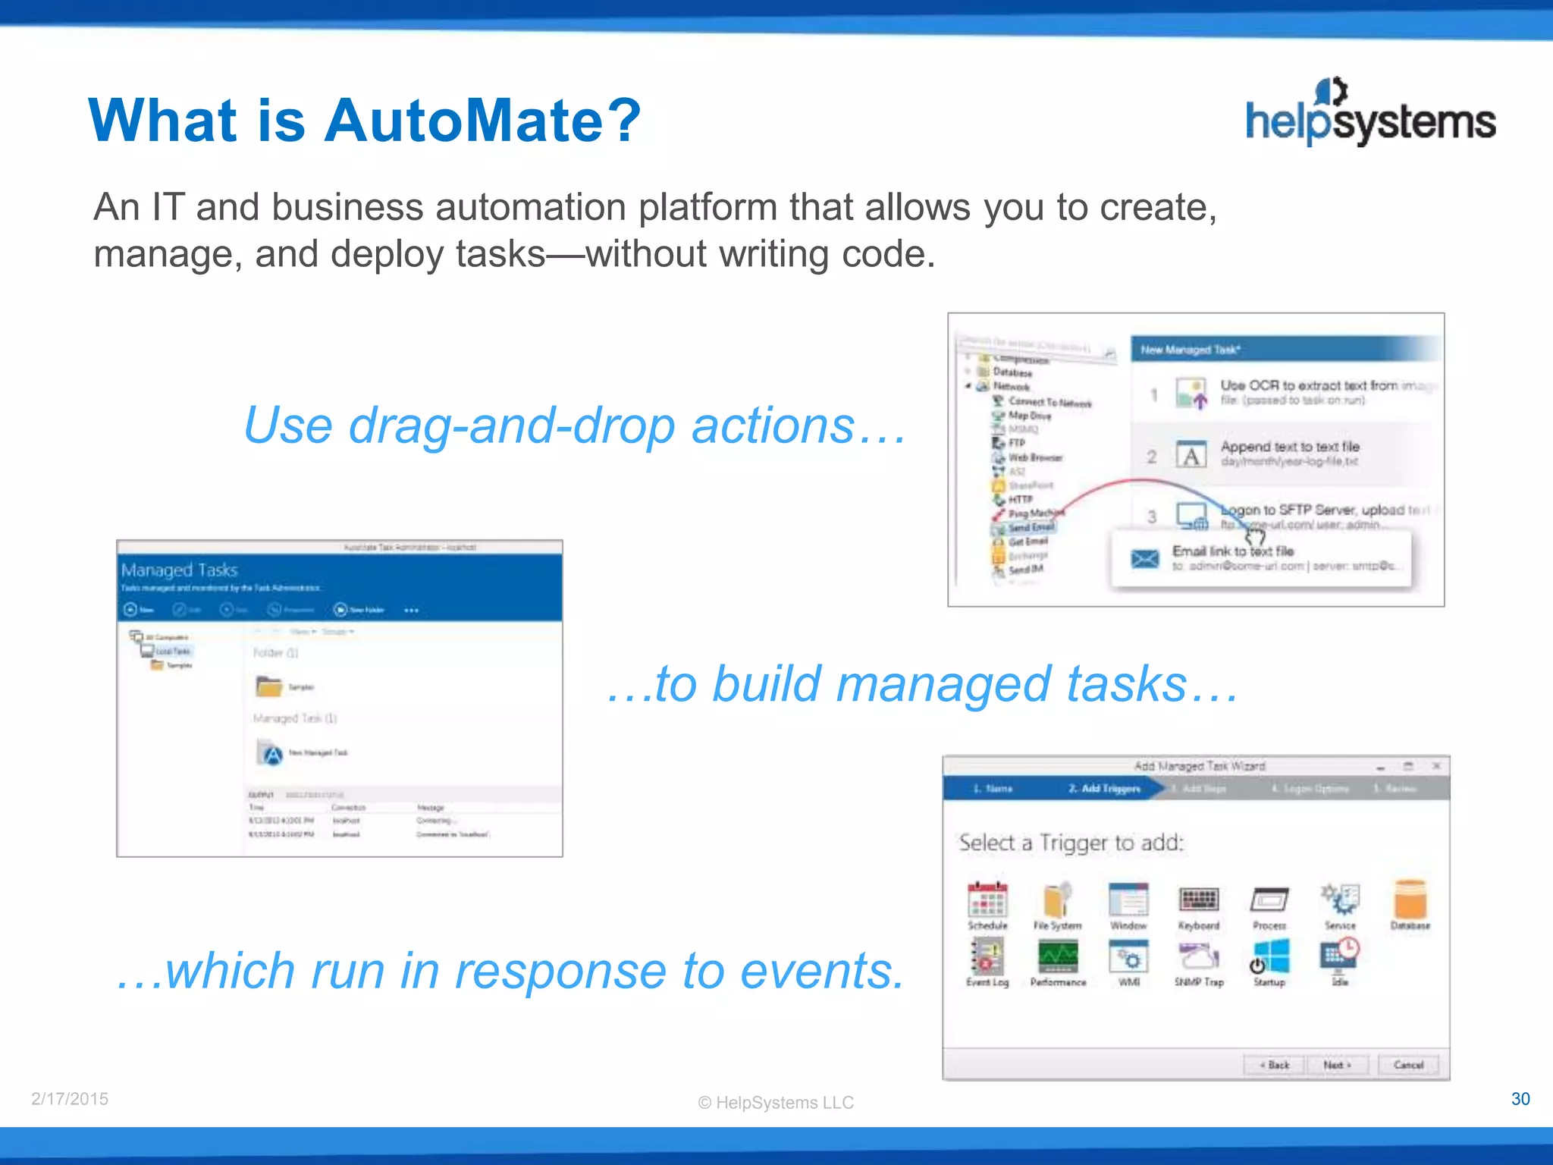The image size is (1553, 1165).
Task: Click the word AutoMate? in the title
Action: click(482, 121)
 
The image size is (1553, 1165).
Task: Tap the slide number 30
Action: click(1520, 1099)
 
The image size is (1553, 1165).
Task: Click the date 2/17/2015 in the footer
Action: click(70, 1099)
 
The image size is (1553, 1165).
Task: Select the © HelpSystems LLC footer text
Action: click(776, 1103)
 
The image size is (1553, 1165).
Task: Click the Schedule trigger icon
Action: click(987, 900)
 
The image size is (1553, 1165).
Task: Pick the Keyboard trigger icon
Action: click(1199, 900)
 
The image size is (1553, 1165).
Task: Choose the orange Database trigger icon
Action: click(1410, 900)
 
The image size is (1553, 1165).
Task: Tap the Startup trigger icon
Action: click(1270, 958)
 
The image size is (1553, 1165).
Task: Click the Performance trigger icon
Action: click(1058, 958)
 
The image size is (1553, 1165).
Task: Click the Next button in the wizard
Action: click(1337, 1065)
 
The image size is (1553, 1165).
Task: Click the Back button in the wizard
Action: click(1275, 1065)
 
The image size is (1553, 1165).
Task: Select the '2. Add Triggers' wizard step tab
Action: click(1104, 789)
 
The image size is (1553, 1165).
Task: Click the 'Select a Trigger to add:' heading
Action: click(1071, 843)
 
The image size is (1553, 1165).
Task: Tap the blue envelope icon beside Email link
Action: click(1145, 559)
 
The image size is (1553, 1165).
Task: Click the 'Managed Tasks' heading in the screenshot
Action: click(180, 570)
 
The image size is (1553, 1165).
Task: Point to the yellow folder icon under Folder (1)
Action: click(268, 686)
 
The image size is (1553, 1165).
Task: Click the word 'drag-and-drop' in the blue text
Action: click(511, 425)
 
